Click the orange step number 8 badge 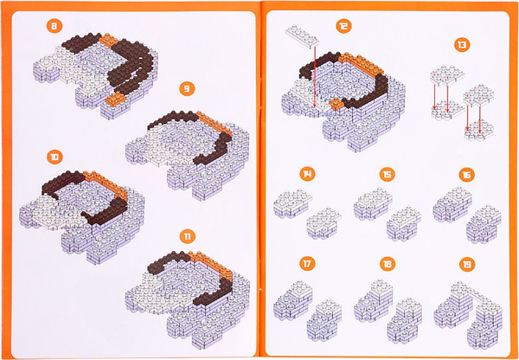pyautogui.click(x=54, y=27)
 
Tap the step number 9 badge pyautogui.click(x=187, y=88)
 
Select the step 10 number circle pyautogui.click(x=54, y=157)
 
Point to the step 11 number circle pyautogui.click(x=188, y=236)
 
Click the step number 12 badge pyautogui.click(x=344, y=26)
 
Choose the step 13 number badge pyautogui.click(x=462, y=45)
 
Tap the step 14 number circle pyautogui.click(x=307, y=174)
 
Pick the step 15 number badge pyautogui.click(x=388, y=174)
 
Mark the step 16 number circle pyautogui.click(x=467, y=175)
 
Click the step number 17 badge pyautogui.click(x=307, y=264)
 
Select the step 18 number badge pyautogui.click(x=388, y=264)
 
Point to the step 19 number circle pyautogui.click(x=467, y=264)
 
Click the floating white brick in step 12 pyautogui.click(x=303, y=36)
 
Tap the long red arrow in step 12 pyautogui.click(x=315, y=77)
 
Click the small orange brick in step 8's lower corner pyautogui.click(x=116, y=99)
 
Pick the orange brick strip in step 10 pyautogui.click(x=106, y=184)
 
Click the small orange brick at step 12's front pyautogui.click(x=337, y=104)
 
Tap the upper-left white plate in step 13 pyautogui.click(x=447, y=76)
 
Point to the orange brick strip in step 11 pyautogui.click(x=211, y=265)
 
